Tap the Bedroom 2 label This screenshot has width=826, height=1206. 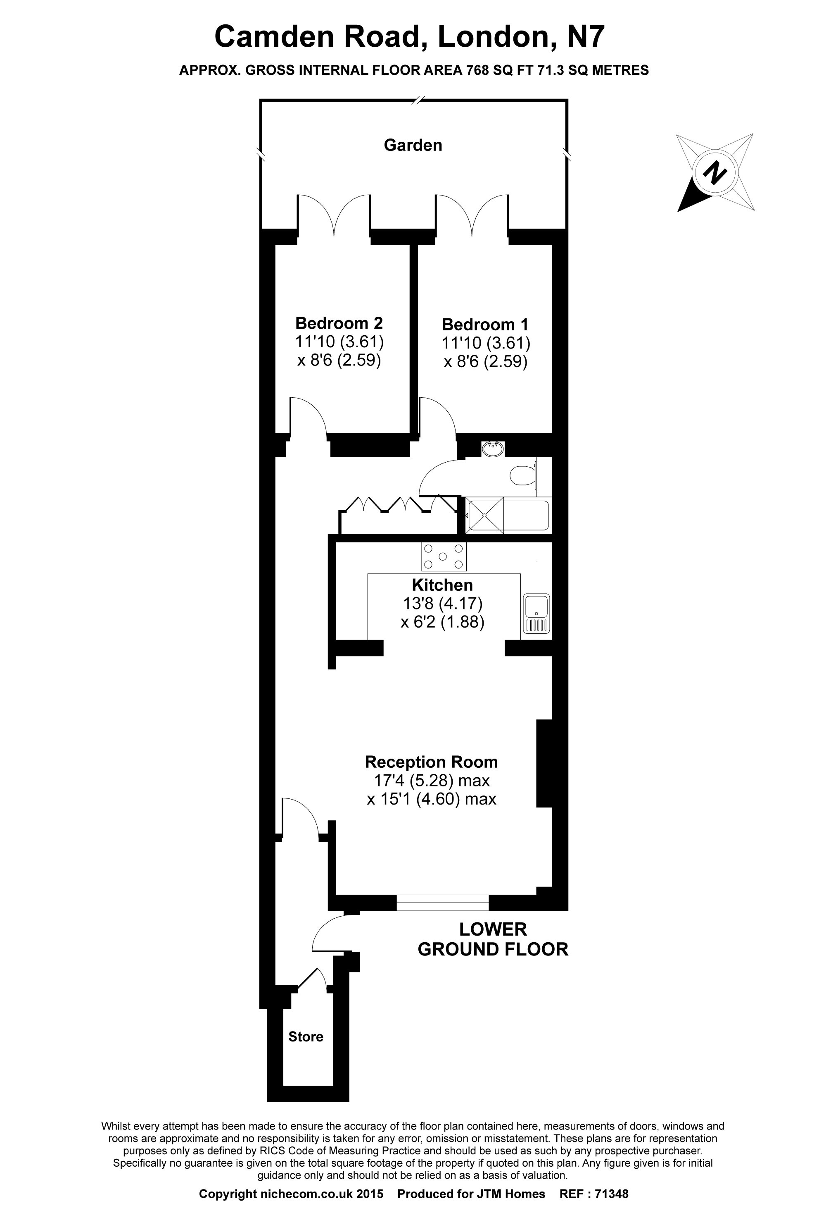[339, 323]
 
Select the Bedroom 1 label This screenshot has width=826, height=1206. [485, 325]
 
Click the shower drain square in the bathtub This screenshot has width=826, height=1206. [484, 515]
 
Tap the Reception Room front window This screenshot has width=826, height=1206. [442, 903]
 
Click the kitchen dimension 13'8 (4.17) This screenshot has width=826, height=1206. [442, 604]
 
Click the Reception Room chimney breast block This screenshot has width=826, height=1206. [544, 763]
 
